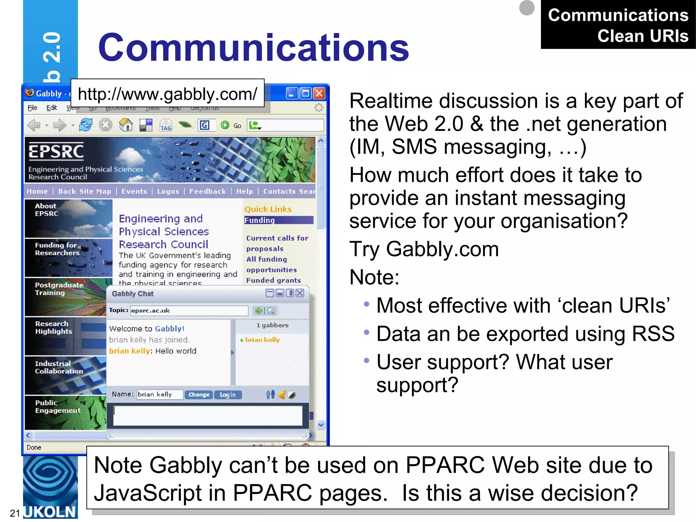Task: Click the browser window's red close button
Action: click(319, 93)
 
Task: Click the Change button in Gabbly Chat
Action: click(199, 395)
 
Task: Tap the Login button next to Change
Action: click(227, 395)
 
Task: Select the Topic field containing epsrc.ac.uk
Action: click(189, 311)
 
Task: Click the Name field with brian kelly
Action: click(160, 394)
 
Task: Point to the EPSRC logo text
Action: click(56, 151)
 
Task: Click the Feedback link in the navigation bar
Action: click(208, 191)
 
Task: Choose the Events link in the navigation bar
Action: click(134, 191)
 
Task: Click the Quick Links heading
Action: click(268, 209)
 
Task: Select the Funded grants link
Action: click(274, 280)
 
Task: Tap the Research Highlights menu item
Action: click(54, 328)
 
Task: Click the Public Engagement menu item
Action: click(58, 406)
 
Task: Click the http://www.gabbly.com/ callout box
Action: click(167, 94)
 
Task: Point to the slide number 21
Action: click(15, 513)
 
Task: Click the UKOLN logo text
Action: click(50, 512)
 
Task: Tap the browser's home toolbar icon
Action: click(126, 125)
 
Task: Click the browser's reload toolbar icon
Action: click(86, 125)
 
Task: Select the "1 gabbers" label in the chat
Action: click(273, 325)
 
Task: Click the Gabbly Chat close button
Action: click(300, 293)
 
